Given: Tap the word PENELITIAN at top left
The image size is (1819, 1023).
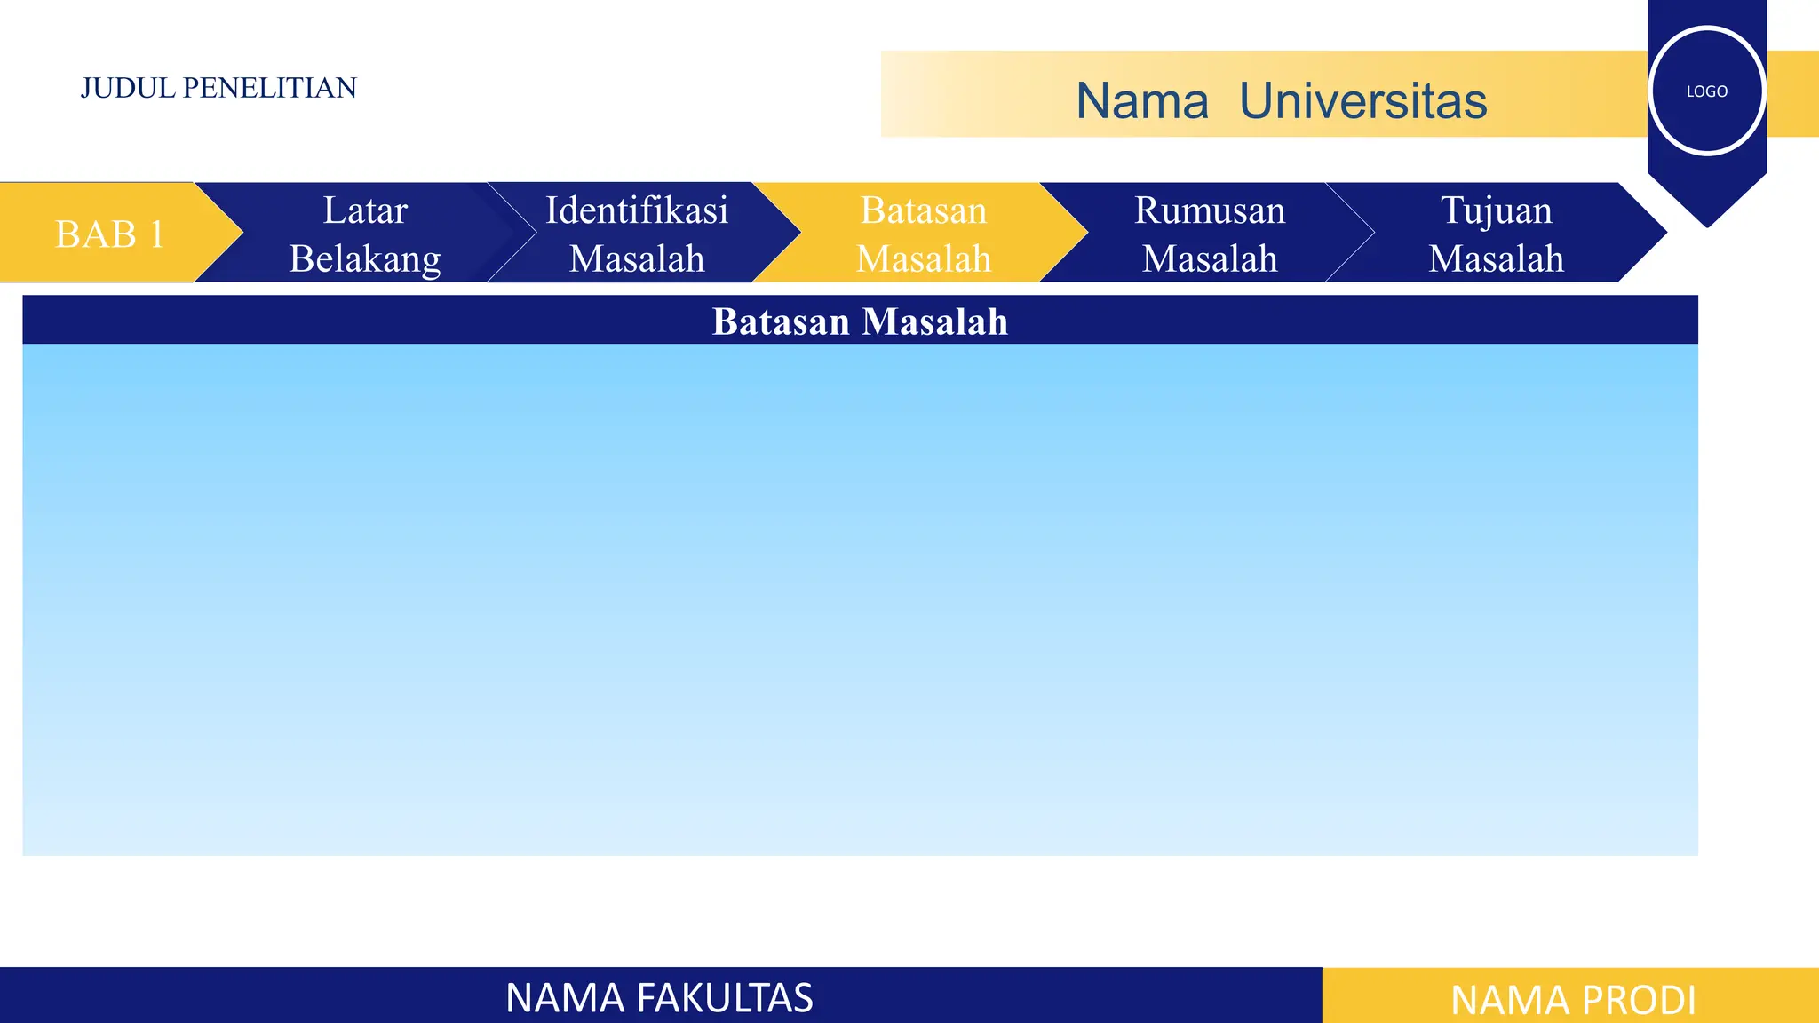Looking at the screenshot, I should (x=269, y=88).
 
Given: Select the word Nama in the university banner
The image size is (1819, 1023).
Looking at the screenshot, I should (x=1142, y=100).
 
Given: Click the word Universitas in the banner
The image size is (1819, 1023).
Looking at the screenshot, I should (x=1362, y=100).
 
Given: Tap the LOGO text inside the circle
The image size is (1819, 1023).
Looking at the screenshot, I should (x=1706, y=91).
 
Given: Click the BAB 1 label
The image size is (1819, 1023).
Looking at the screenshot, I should (x=109, y=234).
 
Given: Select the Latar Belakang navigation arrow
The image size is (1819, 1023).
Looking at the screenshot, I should (x=365, y=234).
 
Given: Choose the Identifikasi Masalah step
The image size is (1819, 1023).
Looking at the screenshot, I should (x=637, y=234).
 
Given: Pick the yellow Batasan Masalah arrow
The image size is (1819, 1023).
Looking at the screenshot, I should (x=924, y=234).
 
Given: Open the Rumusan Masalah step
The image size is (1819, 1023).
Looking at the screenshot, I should (x=1210, y=234).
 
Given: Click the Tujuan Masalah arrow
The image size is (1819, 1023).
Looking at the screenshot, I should (x=1496, y=234).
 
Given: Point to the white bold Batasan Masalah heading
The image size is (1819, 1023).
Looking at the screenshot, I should (x=860, y=321).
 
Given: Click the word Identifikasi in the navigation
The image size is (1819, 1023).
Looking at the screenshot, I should (x=637, y=210).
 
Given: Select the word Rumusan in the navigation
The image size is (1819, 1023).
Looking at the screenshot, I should (x=1210, y=210).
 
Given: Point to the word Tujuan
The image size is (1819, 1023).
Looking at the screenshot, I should (x=1497, y=210).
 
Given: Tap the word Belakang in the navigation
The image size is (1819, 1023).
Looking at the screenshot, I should (x=365, y=258).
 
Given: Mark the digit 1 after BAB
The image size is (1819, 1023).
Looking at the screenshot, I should (x=156, y=234).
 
